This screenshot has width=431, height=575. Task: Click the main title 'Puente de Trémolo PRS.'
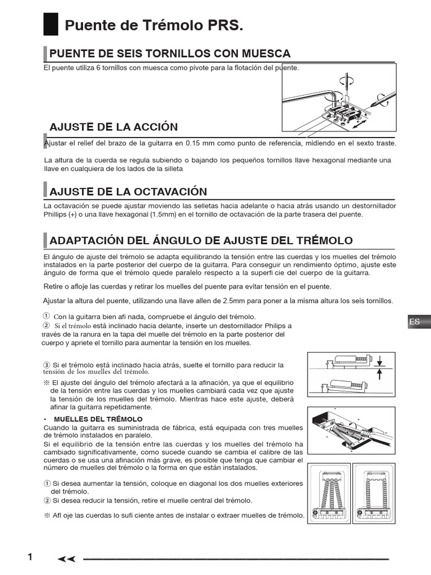coord(154,26)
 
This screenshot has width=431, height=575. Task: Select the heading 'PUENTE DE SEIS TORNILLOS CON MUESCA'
coord(170,54)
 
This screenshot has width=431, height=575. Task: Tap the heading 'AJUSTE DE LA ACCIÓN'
coord(114,126)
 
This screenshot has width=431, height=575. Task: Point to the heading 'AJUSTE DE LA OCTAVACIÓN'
coord(129,191)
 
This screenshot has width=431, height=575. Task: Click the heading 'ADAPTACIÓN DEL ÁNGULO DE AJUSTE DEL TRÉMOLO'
coord(201,240)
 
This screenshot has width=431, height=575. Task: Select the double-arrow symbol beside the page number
coord(66,558)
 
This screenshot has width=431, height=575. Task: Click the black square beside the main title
coord(51,25)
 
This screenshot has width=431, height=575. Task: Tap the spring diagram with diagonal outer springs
coord(329,492)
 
